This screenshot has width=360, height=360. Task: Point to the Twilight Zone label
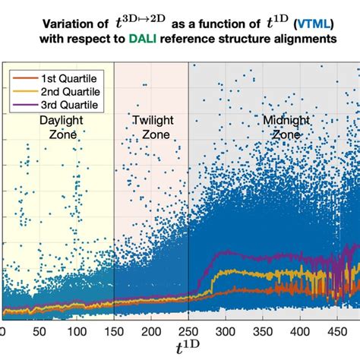click(150, 127)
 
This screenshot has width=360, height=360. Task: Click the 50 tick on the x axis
click(39, 332)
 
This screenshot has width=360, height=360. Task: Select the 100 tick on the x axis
click(76, 332)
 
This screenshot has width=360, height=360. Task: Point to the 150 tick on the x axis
click(114, 332)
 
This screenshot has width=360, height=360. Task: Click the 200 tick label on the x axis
click(151, 332)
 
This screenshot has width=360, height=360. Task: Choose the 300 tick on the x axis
click(226, 332)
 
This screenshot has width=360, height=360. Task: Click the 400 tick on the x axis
click(302, 332)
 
